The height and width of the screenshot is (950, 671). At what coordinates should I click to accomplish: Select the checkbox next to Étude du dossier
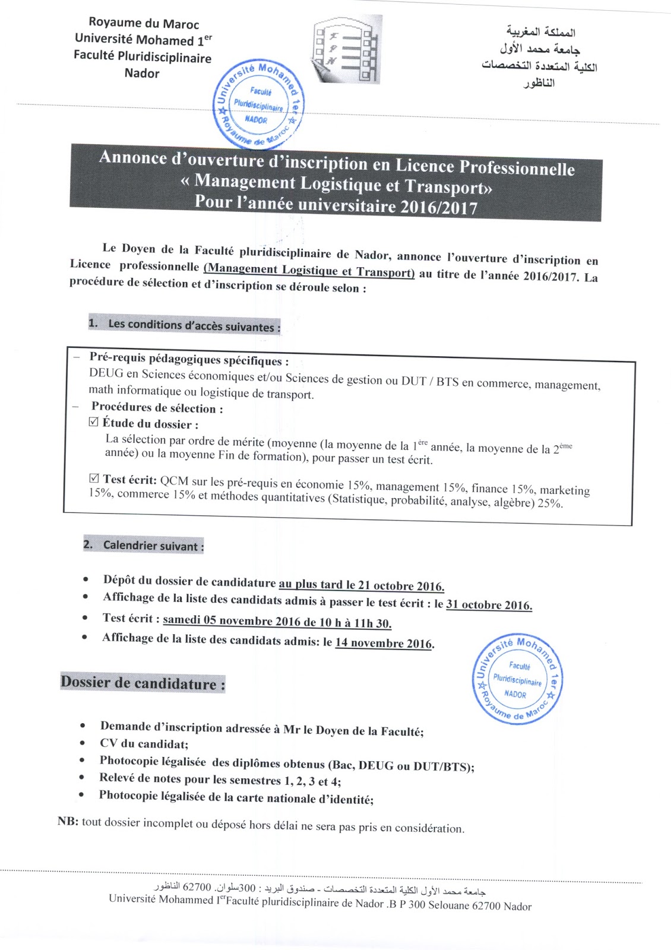pyautogui.click(x=93, y=422)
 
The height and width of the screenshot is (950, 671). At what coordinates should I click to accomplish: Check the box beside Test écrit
pyautogui.click(x=94, y=478)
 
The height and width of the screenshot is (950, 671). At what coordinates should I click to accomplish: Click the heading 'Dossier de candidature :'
pyautogui.click(x=143, y=683)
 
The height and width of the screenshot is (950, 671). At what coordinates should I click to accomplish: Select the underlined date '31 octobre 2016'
pyautogui.click(x=489, y=605)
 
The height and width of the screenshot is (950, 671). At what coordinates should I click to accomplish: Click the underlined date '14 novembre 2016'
pyautogui.click(x=384, y=643)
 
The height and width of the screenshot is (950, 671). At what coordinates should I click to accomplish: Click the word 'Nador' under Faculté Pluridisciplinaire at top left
pyautogui.click(x=142, y=74)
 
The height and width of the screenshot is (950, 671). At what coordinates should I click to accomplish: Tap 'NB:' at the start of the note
pyautogui.click(x=68, y=822)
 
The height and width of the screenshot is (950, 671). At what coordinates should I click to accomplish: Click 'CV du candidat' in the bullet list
pyautogui.click(x=144, y=744)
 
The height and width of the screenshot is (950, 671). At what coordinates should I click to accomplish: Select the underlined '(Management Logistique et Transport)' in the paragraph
pyautogui.click(x=309, y=270)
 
